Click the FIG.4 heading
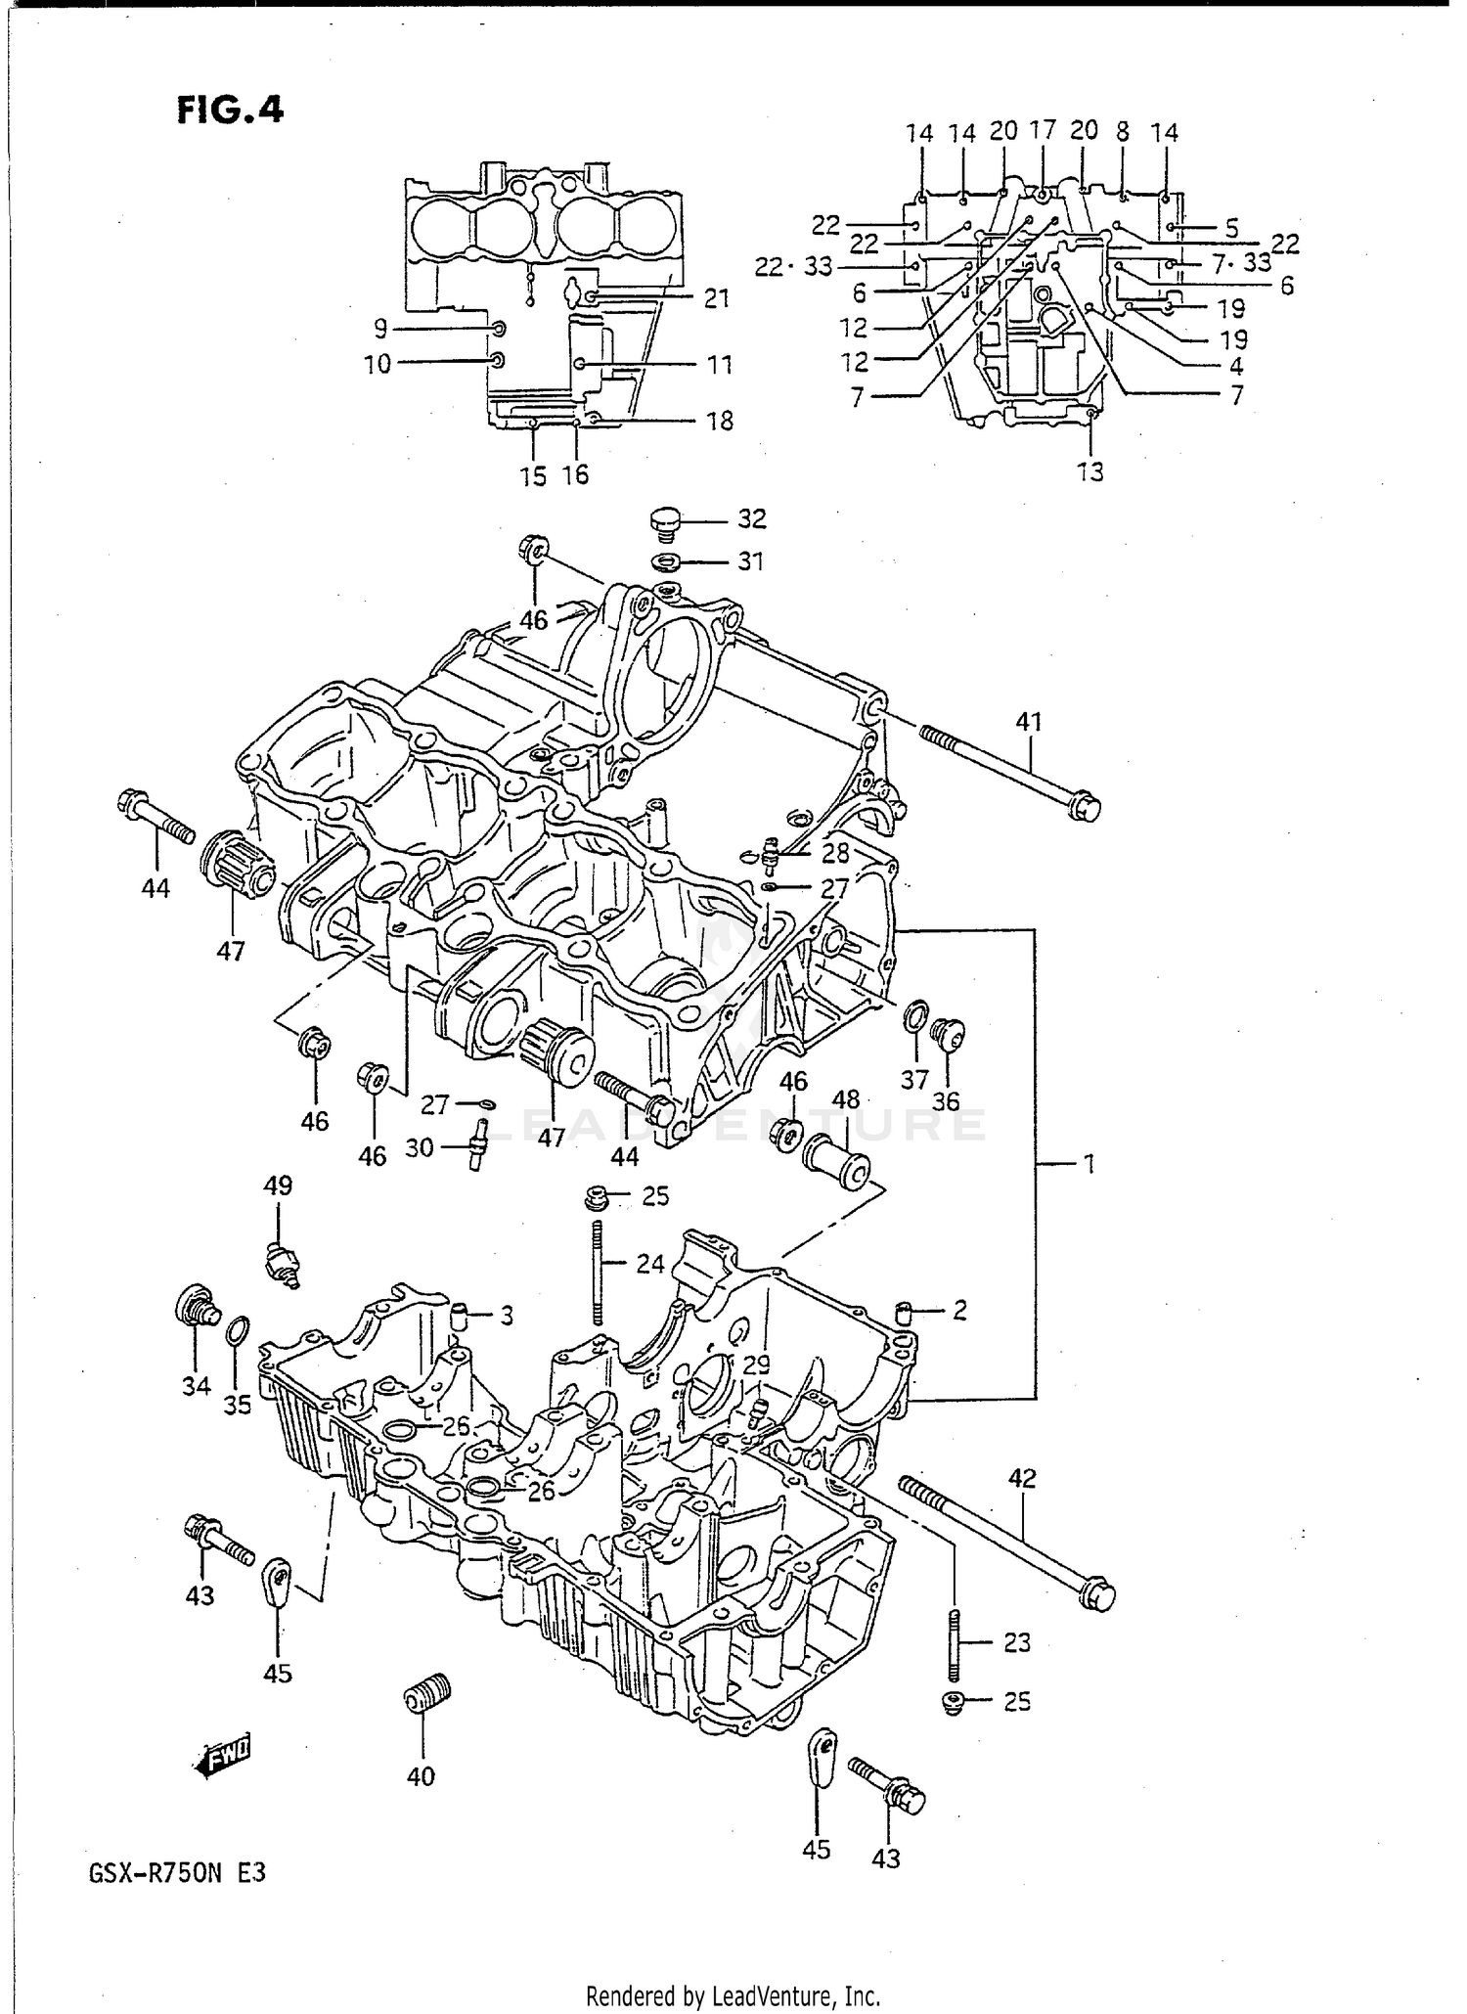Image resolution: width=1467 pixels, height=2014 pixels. [230, 110]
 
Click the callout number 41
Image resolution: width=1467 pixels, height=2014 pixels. [1029, 722]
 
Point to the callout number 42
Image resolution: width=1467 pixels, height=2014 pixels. [1021, 1479]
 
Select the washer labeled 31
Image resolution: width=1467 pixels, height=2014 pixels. [668, 562]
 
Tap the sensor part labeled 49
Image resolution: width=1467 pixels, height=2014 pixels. [283, 1267]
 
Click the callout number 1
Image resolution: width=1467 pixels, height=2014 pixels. [1088, 1164]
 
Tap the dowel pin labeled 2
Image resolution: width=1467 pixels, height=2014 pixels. [905, 1311]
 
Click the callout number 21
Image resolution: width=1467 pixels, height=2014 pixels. [717, 298]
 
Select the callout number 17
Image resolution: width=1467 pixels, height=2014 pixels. [1043, 129]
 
